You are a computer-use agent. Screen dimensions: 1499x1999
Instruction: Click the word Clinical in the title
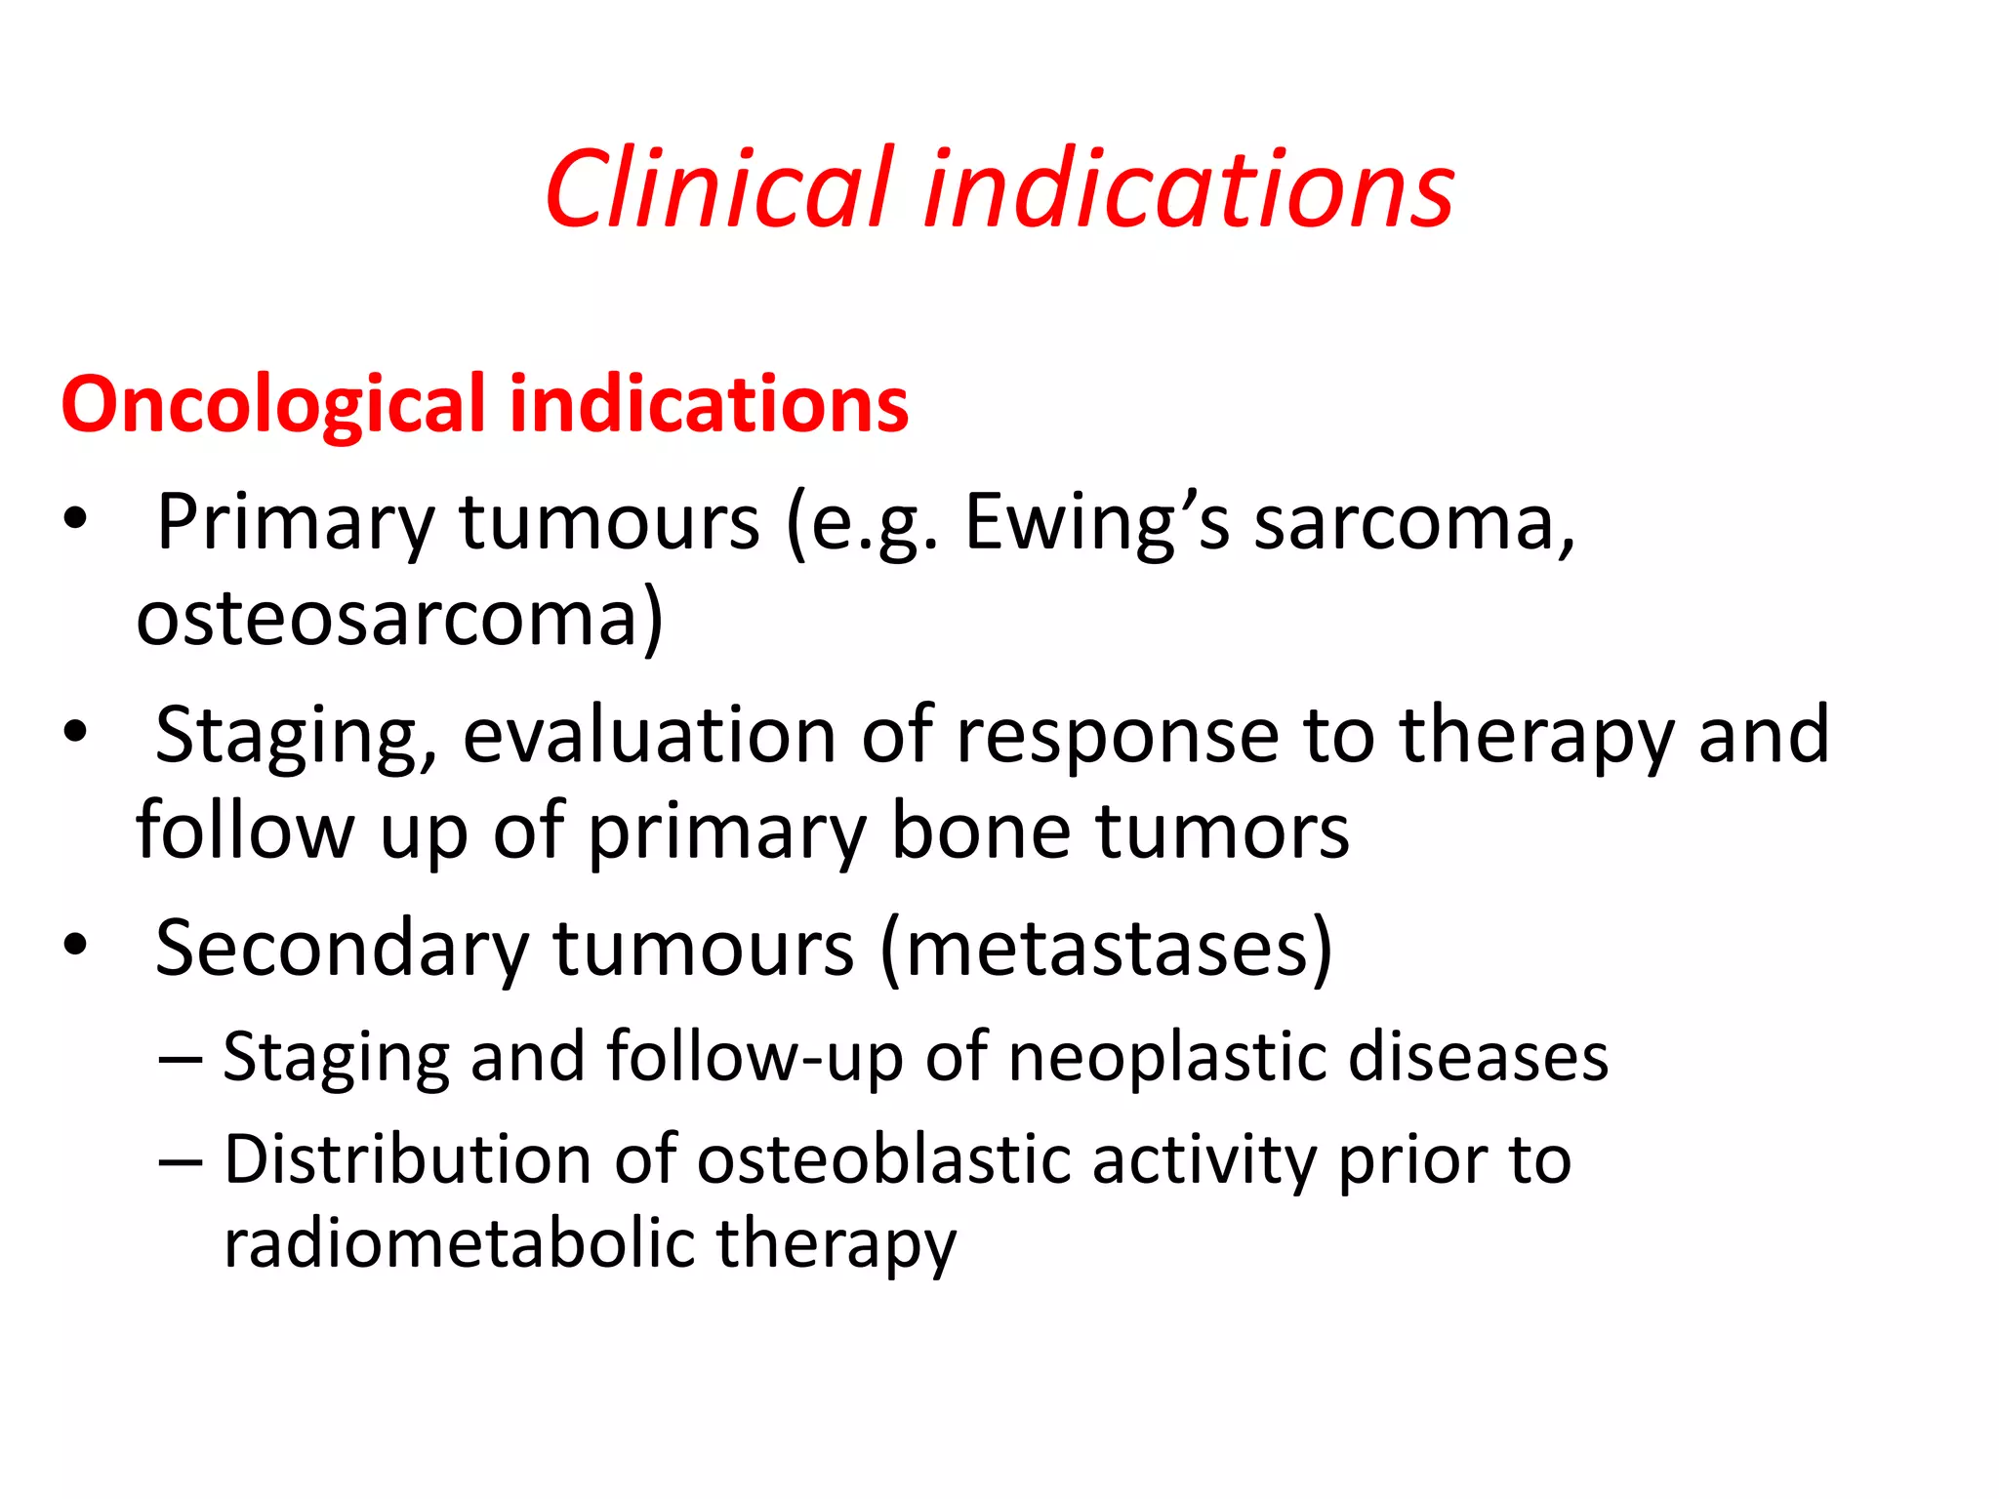pyautogui.click(x=719, y=188)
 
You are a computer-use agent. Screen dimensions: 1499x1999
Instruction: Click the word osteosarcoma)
pyautogui.click(x=399, y=619)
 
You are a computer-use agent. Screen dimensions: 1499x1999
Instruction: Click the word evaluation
pyautogui.click(x=649, y=735)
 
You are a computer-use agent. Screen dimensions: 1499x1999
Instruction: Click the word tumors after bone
pyautogui.click(x=1223, y=831)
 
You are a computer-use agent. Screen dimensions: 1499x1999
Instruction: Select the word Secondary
pyautogui.click(x=342, y=949)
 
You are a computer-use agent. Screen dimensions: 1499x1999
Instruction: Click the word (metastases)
pyautogui.click(x=1106, y=949)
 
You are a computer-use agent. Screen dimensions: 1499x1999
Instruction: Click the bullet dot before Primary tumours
pyautogui.click(x=75, y=520)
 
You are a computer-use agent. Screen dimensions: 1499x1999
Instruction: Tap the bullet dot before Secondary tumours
pyautogui.click(x=75, y=945)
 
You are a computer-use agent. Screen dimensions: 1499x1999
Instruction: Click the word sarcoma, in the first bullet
pyautogui.click(x=1414, y=523)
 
